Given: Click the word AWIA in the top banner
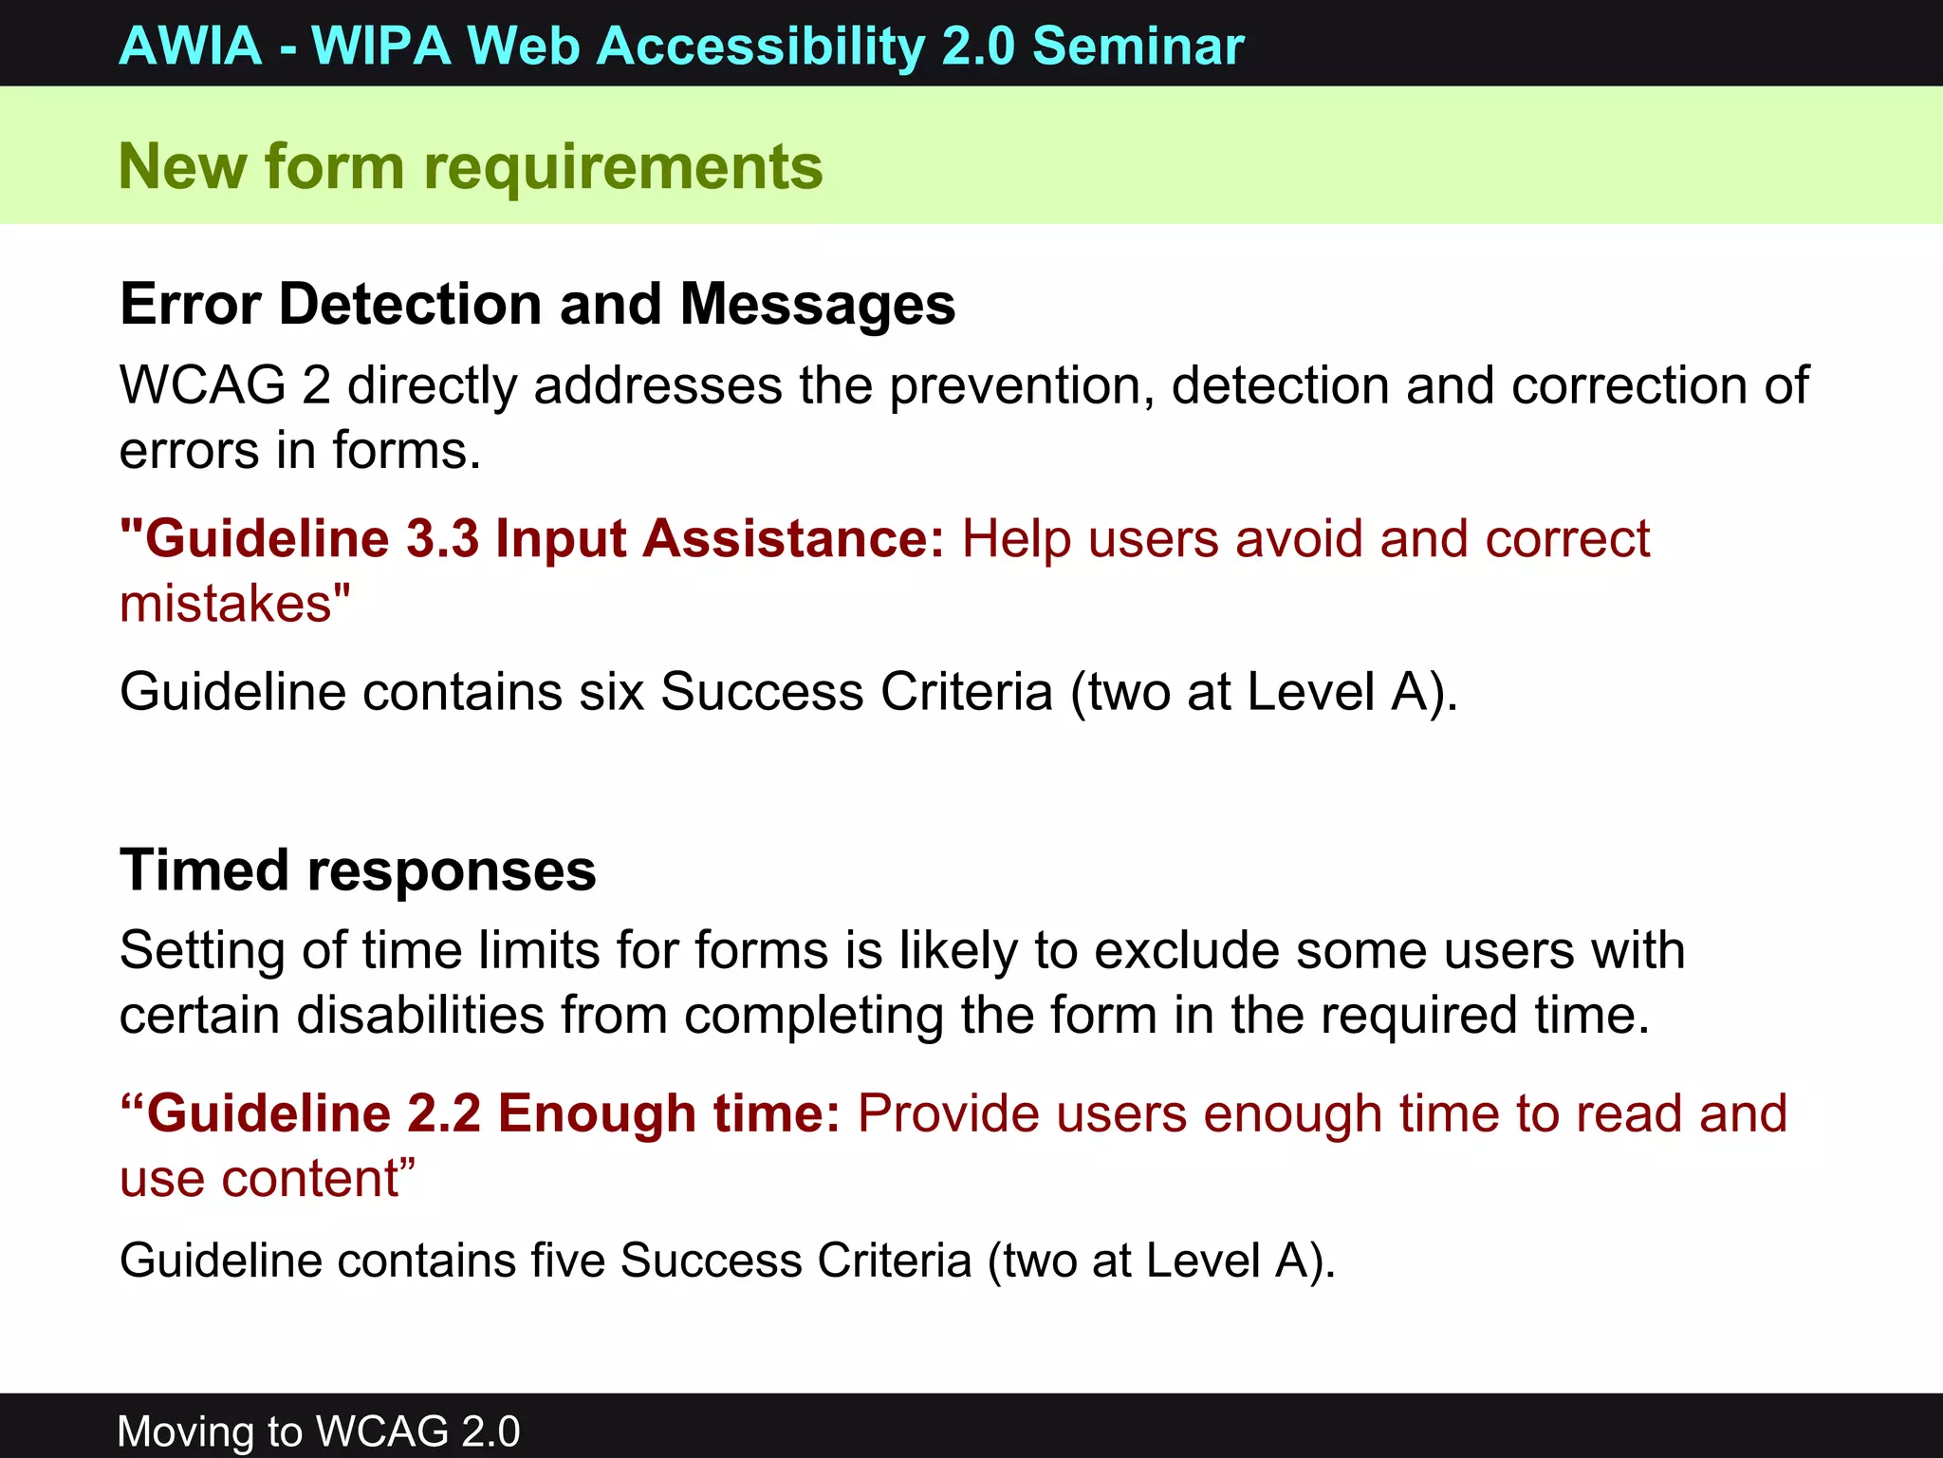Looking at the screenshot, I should (x=191, y=46).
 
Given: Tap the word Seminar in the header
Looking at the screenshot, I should (x=1138, y=46).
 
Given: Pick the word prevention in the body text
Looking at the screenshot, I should (x=1021, y=386).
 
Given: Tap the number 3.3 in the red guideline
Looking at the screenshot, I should (x=442, y=539).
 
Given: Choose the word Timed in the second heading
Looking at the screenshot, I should (x=204, y=870).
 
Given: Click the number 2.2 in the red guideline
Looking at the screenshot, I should (x=444, y=1113).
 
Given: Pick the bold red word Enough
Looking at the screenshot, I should (x=598, y=1113).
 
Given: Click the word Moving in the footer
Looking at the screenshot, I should (x=184, y=1431).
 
